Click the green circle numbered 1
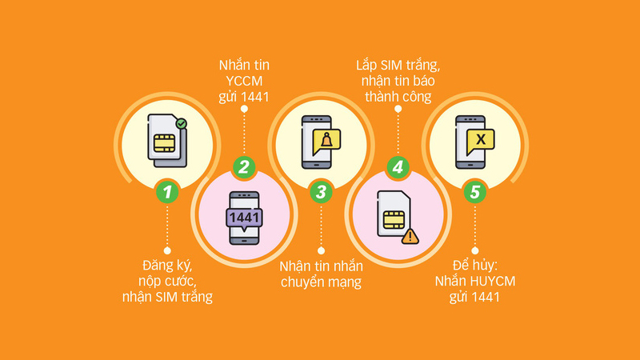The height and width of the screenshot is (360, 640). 166,191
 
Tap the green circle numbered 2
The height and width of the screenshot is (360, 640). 244,168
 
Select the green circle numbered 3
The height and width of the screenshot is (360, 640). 321,191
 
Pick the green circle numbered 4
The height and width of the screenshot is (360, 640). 397,168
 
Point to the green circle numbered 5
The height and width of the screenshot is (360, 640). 474,191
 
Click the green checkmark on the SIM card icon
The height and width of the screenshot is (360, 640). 182,125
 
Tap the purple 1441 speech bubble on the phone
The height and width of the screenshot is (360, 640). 244,218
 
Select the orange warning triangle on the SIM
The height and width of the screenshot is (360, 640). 410,236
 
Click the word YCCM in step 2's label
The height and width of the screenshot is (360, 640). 244,80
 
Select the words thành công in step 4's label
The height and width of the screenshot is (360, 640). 398,97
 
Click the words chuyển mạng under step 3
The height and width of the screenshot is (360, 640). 321,282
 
